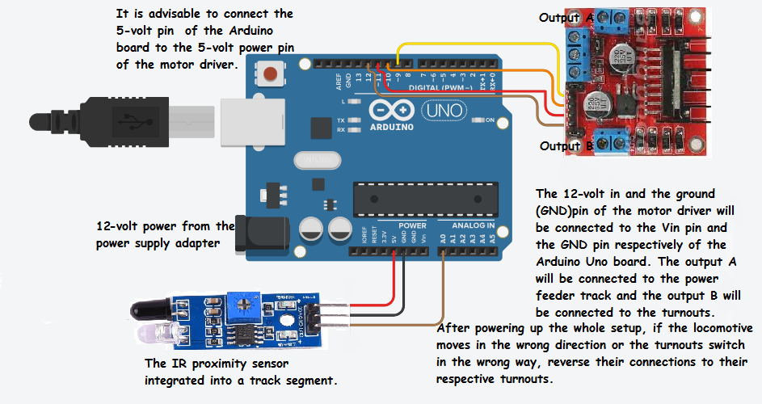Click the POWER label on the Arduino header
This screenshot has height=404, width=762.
pyautogui.click(x=413, y=225)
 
